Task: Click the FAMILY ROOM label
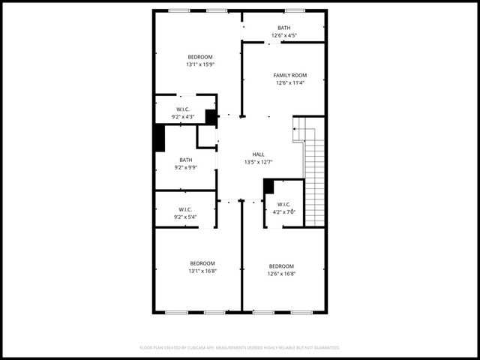tap(289, 76)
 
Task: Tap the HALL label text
tap(258, 154)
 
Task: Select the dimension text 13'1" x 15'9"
tap(200, 64)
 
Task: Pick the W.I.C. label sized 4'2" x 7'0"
tap(283, 205)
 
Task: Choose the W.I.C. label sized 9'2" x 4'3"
tap(183, 109)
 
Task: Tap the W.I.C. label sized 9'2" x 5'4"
tap(185, 209)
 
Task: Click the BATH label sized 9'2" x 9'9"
tap(185, 160)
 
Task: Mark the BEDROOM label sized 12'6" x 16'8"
tap(281, 266)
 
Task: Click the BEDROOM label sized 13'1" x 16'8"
tap(202, 263)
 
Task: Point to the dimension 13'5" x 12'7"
tap(258, 162)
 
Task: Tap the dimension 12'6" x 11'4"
tap(289, 83)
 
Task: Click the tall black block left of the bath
tap(159, 138)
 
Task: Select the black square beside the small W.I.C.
tap(268, 186)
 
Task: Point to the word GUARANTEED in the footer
tap(323, 348)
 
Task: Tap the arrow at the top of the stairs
tap(297, 130)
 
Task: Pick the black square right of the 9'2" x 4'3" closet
tap(211, 117)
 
